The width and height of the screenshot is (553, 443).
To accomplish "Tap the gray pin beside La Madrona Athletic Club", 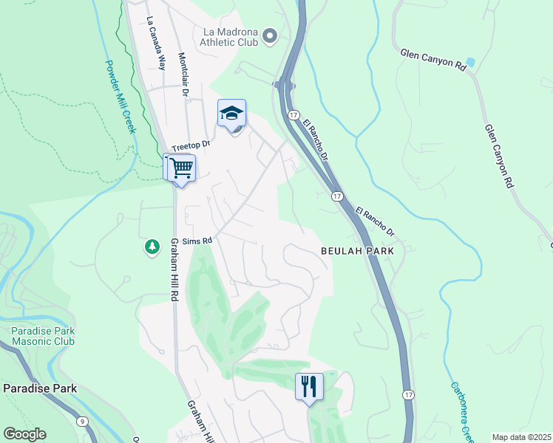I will pyautogui.click(x=269, y=35).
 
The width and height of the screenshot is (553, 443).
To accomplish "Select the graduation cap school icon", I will pyautogui.click(x=231, y=114).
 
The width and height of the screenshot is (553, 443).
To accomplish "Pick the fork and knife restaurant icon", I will pyautogui.click(x=309, y=385).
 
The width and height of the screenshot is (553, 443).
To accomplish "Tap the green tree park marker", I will pyautogui.click(x=152, y=247).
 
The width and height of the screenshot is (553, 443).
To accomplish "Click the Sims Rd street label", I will pyautogui.click(x=197, y=241).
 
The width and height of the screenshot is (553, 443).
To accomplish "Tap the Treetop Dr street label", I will pyautogui.click(x=191, y=145).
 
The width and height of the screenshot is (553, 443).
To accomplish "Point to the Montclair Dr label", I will pyautogui.click(x=184, y=75).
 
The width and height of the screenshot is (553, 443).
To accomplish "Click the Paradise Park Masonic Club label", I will pyautogui.click(x=43, y=336).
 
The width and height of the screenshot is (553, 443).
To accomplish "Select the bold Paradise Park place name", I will pyautogui.click(x=40, y=388).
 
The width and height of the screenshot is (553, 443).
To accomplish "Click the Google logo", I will pyautogui.click(x=24, y=434).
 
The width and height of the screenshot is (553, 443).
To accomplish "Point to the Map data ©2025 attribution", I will pyautogui.click(x=521, y=437).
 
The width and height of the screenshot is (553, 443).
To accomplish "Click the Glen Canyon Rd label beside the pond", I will pyautogui.click(x=432, y=60).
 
